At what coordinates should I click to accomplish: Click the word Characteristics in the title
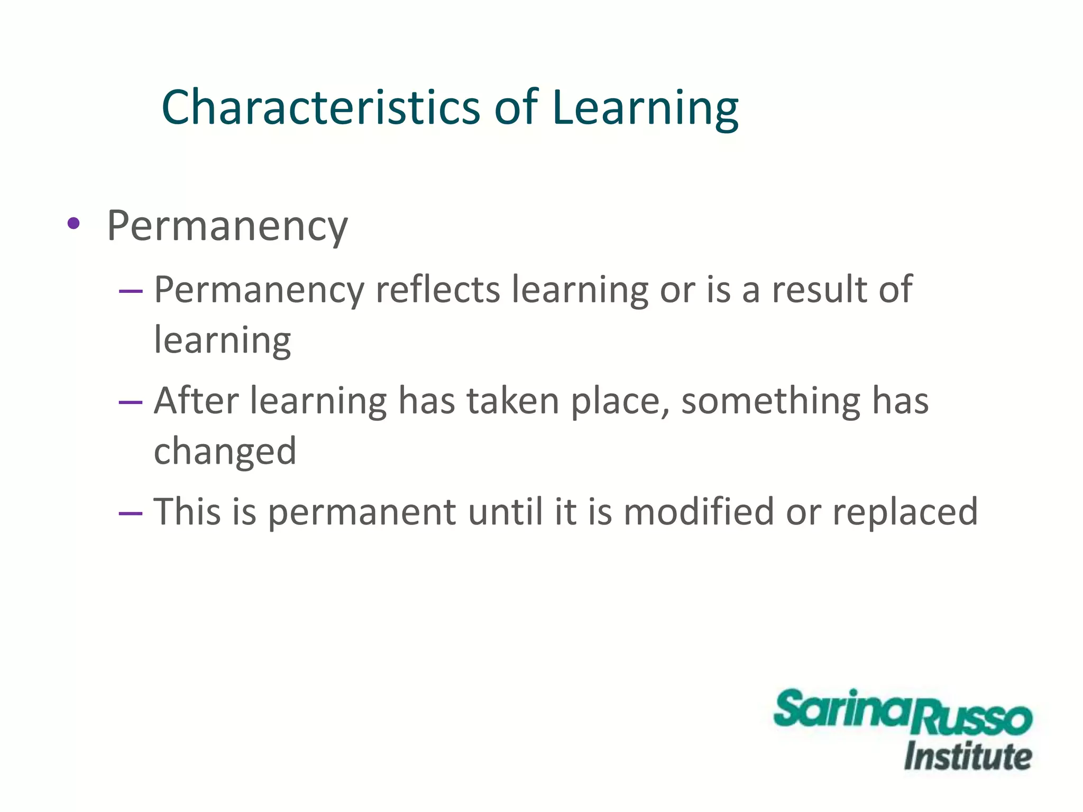[320, 108]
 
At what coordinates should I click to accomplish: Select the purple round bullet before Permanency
[74, 224]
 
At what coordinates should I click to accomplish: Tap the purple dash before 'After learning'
[131, 402]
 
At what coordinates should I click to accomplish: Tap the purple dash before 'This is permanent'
[131, 513]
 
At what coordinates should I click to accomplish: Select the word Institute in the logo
[967, 756]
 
